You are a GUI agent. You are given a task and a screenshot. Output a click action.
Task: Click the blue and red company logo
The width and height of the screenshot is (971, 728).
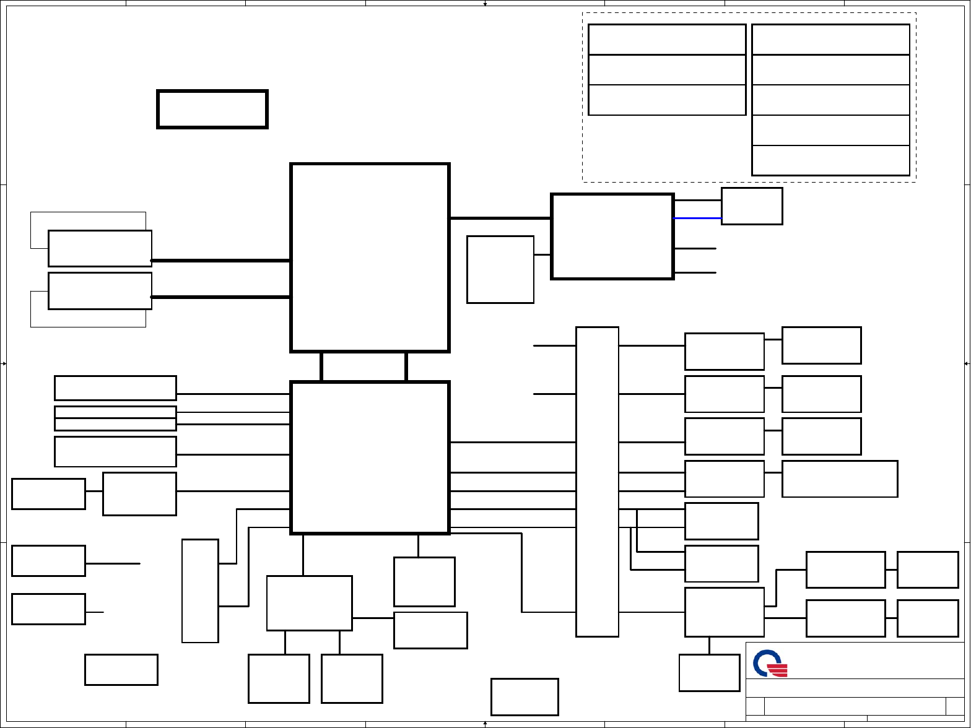pyautogui.click(x=770, y=663)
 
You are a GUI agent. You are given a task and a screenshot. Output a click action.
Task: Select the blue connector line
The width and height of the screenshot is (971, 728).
pyautogui.click(x=697, y=219)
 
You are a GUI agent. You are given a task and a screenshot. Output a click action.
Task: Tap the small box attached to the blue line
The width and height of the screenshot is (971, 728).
pyautogui.click(x=752, y=206)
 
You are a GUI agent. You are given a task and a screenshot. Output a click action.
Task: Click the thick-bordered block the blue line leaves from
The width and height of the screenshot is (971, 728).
pyautogui.click(x=612, y=236)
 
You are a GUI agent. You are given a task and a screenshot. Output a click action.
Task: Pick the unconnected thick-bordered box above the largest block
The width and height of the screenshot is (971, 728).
pyautogui.click(x=212, y=110)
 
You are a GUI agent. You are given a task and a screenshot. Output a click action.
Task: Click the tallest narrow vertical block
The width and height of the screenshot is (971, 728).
pyautogui.click(x=597, y=482)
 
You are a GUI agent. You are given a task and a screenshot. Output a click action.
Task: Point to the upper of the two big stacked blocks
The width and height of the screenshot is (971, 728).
pyautogui.click(x=370, y=258)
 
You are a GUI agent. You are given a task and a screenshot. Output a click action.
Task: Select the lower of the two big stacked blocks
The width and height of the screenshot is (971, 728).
pyautogui.click(x=370, y=457)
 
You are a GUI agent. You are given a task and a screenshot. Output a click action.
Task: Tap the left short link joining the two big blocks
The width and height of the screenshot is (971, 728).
pyautogui.click(x=321, y=366)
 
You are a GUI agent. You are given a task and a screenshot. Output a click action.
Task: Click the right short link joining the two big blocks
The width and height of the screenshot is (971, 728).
pyautogui.click(x=406, y=366)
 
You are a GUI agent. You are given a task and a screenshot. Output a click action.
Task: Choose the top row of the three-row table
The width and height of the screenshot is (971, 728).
pyautogui.click(x=666, y=40)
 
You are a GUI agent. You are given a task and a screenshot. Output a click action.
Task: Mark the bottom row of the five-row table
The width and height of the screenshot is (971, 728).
pyautogui.click(x=830, y=161)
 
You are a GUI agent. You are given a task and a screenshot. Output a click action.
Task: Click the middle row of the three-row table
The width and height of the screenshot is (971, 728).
pyautogui.click(x=666, y=70)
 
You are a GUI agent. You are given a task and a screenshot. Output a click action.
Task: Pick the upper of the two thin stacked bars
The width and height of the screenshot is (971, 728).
pyautogui.click(x=115, y=412)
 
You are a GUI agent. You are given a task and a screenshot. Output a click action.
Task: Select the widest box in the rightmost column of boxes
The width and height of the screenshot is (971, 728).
pyautogui.click(x=839, y=479)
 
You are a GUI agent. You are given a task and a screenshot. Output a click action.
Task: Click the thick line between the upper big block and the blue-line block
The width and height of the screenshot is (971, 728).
pyautogui.click(x=500, y=218)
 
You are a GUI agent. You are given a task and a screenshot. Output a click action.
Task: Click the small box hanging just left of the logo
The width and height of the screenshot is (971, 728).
pyautogui.click(x=709, y=672)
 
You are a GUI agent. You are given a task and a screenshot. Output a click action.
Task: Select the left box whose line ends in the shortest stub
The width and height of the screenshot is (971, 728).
pyautogui.click(x=48, y=609)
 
